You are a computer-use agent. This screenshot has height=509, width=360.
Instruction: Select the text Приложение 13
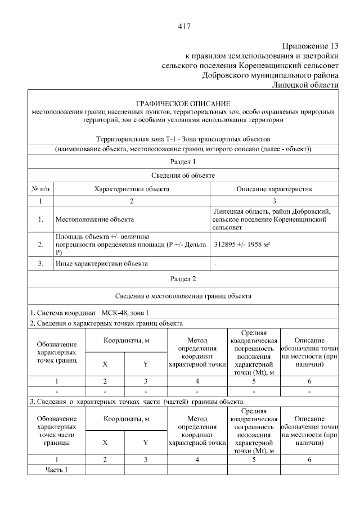point(311,46)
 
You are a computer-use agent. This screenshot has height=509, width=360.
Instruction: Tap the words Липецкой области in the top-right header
point(305,84)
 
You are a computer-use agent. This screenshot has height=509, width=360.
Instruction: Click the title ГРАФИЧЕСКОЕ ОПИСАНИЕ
point(183,104)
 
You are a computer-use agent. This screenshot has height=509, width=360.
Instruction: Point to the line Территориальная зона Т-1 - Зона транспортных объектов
point(183,138)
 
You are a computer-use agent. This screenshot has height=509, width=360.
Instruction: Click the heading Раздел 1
point(183,163)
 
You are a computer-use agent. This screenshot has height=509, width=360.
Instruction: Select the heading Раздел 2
point(183,278)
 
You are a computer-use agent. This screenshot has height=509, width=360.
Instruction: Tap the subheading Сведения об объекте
point(183,175)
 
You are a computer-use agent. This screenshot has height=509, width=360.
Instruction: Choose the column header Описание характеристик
point(274,189)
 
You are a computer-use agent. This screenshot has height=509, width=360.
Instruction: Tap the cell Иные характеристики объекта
point(101,263)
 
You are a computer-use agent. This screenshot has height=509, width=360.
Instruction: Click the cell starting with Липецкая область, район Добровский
point(274,219)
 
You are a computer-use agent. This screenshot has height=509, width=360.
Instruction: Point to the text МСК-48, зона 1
point(125,313)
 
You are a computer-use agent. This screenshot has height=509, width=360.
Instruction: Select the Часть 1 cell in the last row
point(56,470)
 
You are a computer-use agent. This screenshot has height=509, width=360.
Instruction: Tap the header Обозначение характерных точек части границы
point(56,431)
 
